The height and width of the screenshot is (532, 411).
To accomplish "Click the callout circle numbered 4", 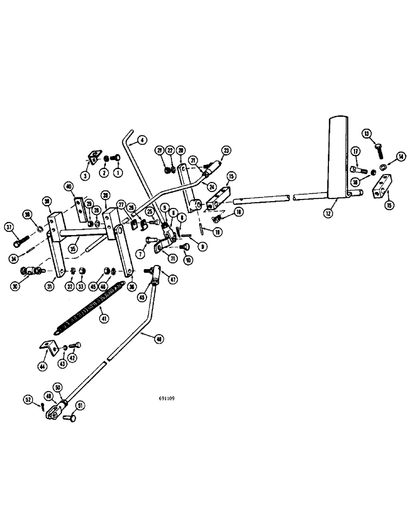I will coord(142,140).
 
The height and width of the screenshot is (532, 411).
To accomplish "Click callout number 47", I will coord(173,279).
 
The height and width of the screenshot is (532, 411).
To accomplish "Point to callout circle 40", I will coord(69,187).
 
